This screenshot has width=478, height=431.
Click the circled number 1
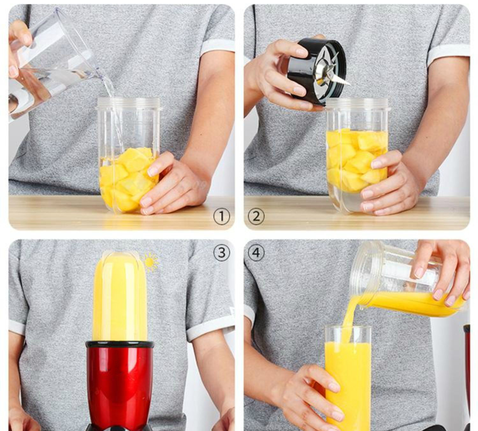tap(221, 216)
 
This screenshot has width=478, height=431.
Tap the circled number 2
tap(256, 216)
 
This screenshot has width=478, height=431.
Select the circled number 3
tap(221, 253)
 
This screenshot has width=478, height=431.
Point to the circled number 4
tap(256, 253)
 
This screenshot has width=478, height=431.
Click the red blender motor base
tap(119, 386)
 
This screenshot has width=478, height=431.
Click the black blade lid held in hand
tap(317, 71)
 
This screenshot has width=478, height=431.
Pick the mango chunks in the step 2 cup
tap(357, 160)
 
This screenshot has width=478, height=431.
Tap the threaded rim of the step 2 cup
tap(358, 105)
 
